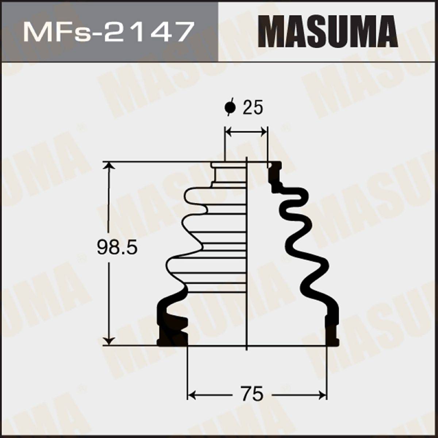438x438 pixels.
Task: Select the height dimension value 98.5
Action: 117,248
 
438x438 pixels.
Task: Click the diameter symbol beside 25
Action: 230,107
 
